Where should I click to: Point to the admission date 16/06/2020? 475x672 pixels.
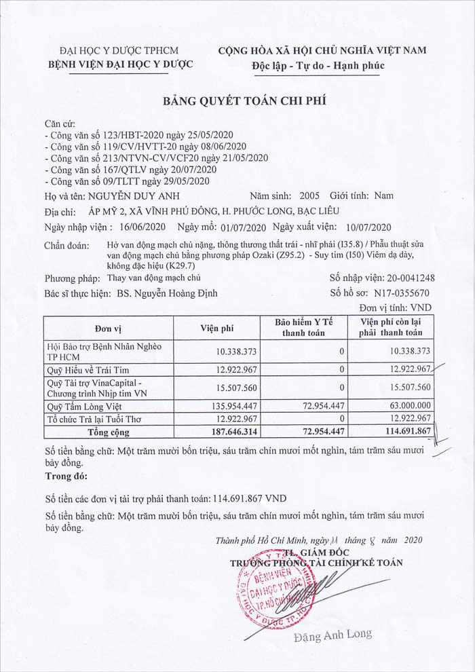[x=143, y=226]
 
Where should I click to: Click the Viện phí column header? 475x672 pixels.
[x=217, y=328]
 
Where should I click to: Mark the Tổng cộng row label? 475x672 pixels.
[x=109, y=432]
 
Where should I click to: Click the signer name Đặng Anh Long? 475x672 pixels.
[x=333, y=635]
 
